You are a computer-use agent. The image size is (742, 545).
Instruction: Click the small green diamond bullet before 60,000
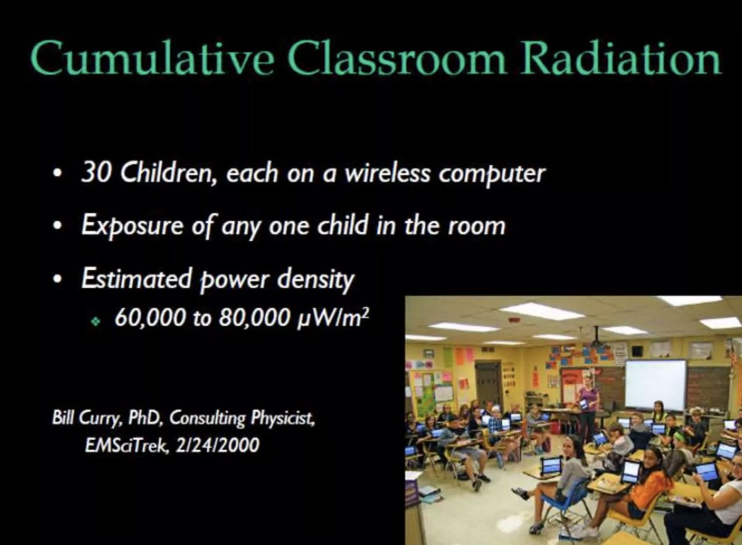(95, 321)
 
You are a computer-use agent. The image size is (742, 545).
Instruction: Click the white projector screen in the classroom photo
(655, 384)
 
